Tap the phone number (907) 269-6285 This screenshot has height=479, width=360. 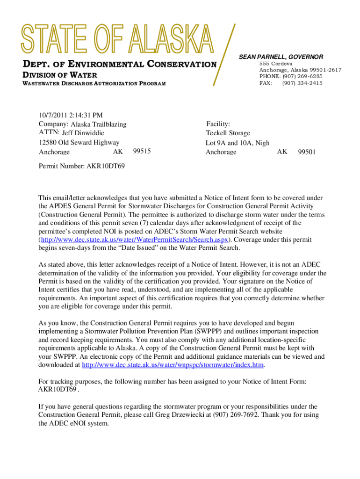pos(302,76)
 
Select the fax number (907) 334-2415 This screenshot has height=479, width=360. pos(302,83)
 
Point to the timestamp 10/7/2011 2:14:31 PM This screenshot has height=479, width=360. pos(71,116)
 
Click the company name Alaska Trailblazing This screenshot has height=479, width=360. pos(98,124)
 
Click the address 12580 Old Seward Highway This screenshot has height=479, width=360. pos(79,143)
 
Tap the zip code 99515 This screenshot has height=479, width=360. pos(142,151)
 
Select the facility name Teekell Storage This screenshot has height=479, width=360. pos(228,133)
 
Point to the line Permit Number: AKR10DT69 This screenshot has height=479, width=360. pos(82,166)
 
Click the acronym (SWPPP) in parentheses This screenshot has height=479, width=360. pos(211,332)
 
